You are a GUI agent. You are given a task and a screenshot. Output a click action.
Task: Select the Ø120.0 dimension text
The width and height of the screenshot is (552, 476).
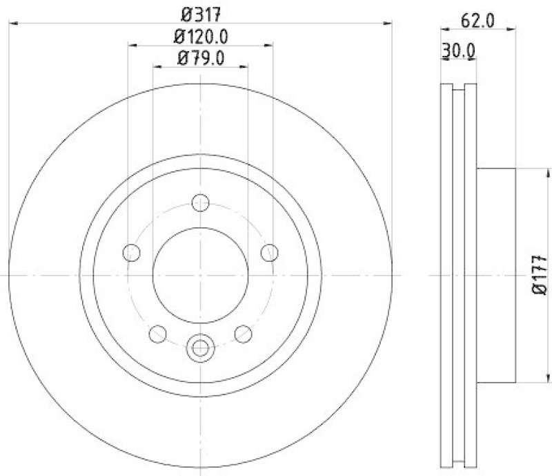click(201, 35)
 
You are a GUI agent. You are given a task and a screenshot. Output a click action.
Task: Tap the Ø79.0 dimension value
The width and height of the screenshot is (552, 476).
click(201, 58)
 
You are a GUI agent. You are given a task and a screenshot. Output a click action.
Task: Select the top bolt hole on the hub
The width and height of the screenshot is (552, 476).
click(201, 203)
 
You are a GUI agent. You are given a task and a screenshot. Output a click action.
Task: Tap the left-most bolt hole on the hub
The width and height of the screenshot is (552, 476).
click(132, 253)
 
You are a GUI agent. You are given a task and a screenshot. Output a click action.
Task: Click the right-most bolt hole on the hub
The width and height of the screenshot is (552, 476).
click(270, 253)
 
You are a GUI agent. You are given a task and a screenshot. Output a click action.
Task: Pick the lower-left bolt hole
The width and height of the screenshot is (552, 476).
click(158, 334)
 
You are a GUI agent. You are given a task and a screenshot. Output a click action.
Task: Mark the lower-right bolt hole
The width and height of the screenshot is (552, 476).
click(244, 334)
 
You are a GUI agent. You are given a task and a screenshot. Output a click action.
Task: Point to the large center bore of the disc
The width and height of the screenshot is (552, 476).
click(201, 276)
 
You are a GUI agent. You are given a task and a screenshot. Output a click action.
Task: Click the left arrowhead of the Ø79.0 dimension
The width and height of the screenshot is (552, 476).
click(156, 67)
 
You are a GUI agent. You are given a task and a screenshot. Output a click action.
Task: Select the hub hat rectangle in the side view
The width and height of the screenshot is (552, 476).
click(495, 276)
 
